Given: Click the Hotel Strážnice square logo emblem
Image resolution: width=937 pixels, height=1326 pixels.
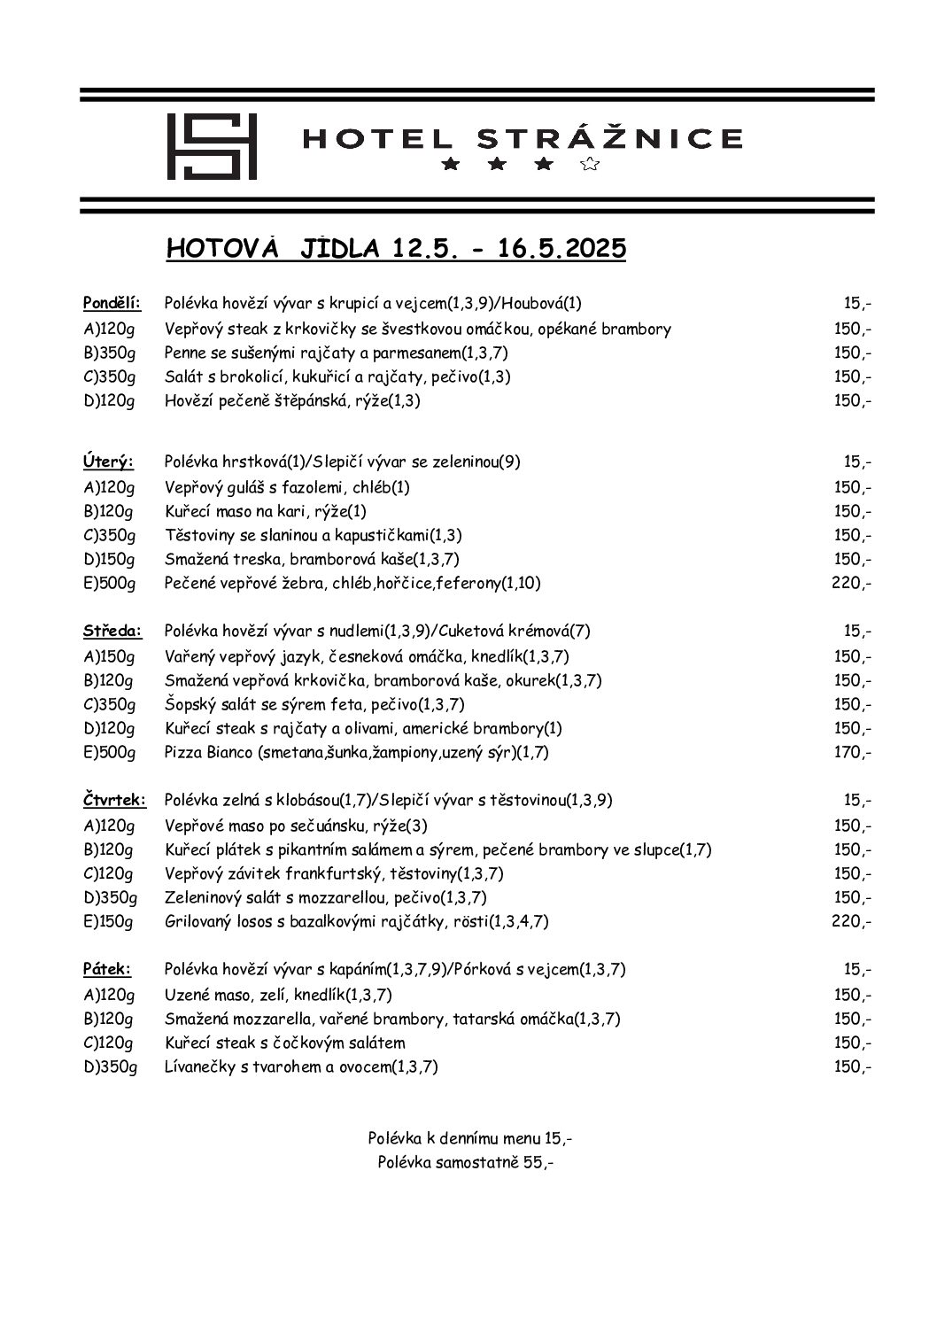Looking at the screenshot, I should click(x=212, y=146).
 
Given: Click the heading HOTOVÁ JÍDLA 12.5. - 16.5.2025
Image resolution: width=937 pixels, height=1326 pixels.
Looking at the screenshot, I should click(x=396, y=249).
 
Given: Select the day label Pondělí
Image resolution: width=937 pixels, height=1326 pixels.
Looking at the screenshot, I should click(x=112, y=304).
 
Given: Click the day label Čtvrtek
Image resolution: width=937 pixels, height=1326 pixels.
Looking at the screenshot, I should click(x=115, y=801).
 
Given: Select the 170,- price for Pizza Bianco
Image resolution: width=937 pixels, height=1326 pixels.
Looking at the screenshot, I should click(x=853, y=753).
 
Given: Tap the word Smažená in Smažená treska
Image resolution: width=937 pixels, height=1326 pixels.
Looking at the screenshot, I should click(x=195, y=559).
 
